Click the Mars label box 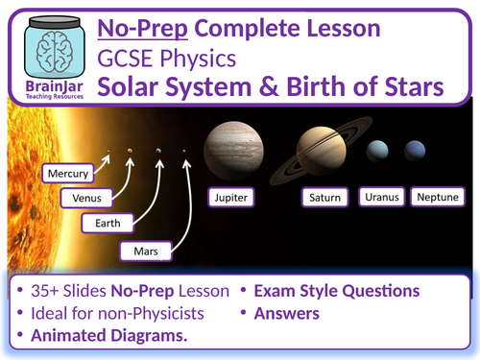147,252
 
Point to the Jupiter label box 236,198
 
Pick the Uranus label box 381,198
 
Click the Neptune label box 440,198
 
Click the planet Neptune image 415,150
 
